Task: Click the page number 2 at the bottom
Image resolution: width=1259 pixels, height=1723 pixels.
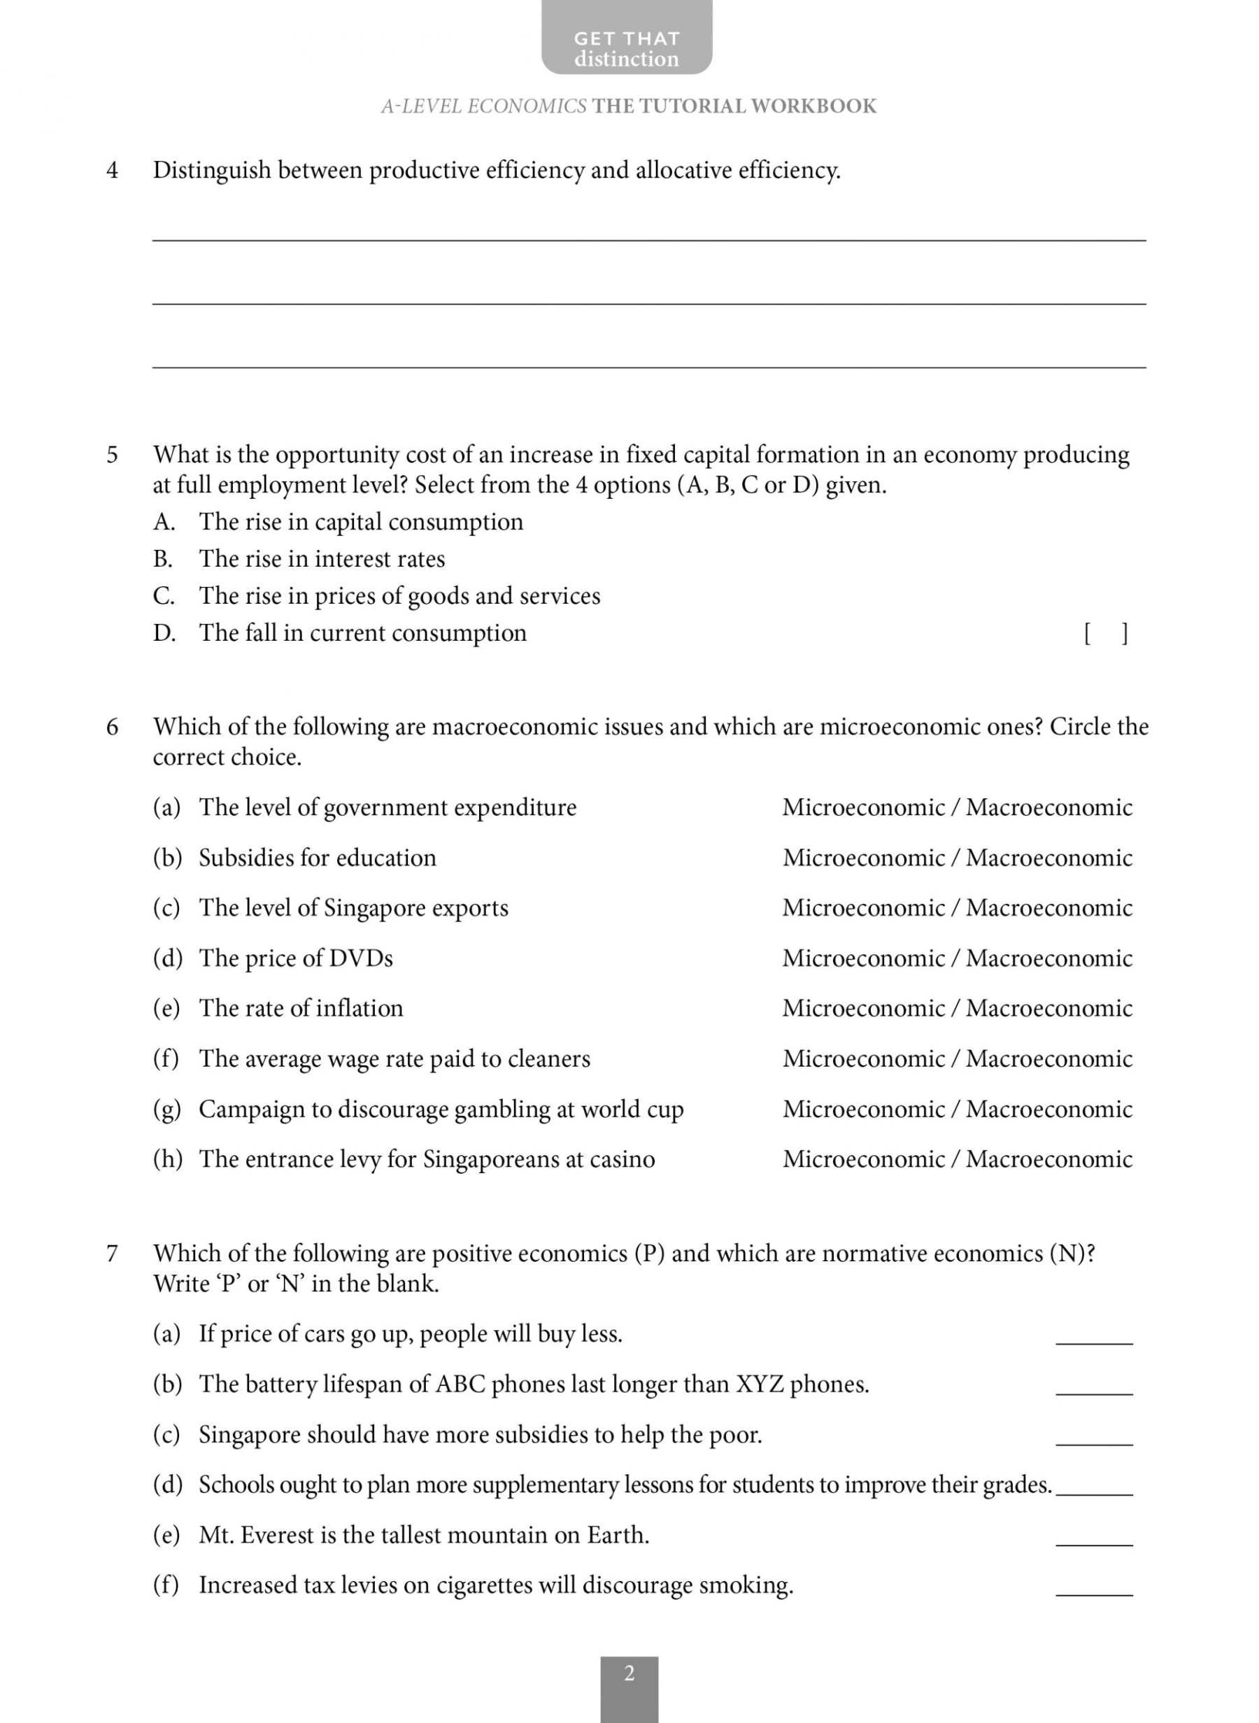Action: [629, 1674]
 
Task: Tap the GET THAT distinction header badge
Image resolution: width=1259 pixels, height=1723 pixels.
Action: [627, 48]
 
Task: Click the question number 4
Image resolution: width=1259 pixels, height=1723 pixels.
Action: [112, 171]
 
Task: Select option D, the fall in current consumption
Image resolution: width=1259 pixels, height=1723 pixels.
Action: [363, 633]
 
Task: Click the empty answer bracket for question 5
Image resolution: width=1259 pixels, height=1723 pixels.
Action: [1105, 634]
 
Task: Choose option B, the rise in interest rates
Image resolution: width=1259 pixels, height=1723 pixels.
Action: [322, 560]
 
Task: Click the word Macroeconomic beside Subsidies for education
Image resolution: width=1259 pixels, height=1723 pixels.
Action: [1048, 858]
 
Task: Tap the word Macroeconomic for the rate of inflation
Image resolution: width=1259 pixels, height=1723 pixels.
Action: [1048, 1008]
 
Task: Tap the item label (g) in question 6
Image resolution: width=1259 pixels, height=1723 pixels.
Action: [167, 1109]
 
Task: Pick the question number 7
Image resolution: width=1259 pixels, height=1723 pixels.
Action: [112, 1254]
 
